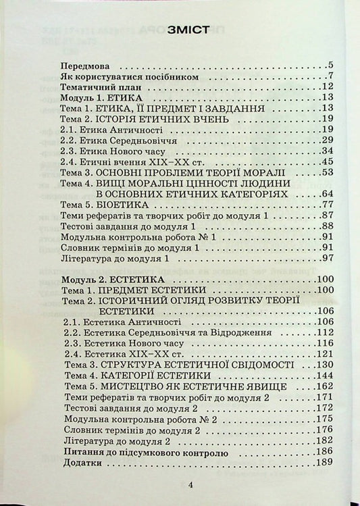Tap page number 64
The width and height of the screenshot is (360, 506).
[x=328, y=193]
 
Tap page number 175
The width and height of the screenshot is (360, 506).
[x=325, y=419]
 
